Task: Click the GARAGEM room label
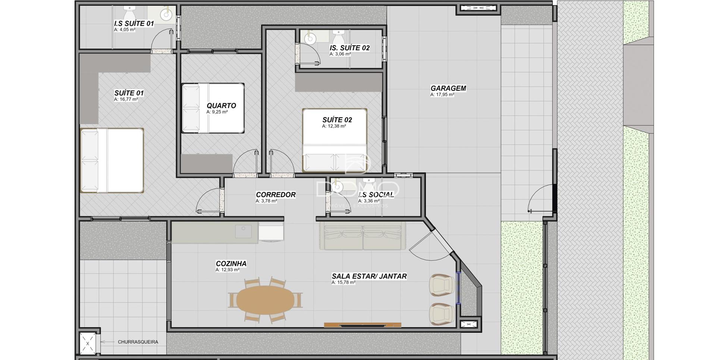(x=448, y=88)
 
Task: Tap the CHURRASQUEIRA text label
(x=138, y=342)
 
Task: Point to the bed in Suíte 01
(x=112, y=160)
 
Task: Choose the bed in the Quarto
(x=213, y=108)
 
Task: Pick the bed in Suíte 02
(x=335, y=140)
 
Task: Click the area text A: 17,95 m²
(x=442, y=95)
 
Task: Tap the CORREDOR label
(x=276, y=195)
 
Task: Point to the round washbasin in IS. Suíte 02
(x=310, y=38)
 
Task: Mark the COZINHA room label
(x=231, y=264)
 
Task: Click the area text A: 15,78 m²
(x=343, y=283)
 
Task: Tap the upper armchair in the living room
(x=442, y=285)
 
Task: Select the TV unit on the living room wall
(x=362, y=325)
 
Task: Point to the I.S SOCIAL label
(x=376, y=195)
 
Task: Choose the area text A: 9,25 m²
(x=217, y=112)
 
